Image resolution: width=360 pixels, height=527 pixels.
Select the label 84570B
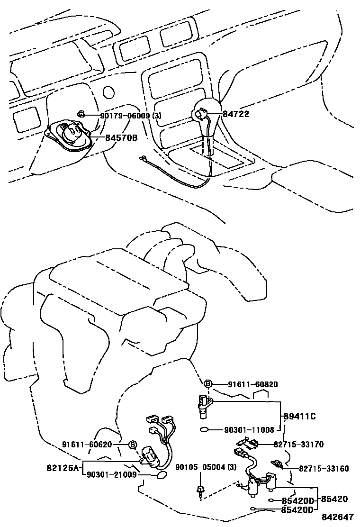[x=121, y=138]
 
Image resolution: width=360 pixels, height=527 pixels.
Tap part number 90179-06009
[x=125, y=115]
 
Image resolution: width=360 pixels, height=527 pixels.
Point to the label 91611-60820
[x=252, y=384]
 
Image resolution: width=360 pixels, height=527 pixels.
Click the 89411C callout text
[x=299, y=417]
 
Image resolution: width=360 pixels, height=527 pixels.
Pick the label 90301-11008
[x=249, y=430]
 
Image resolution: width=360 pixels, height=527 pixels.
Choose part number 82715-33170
[x=298, y=445]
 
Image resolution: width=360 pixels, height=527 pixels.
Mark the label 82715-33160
[x=324, y=468]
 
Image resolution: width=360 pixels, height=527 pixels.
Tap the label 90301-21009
[x=111, y=473]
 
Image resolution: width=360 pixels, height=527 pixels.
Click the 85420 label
[x=334, y=499]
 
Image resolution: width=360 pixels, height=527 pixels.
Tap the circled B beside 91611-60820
[x=208, y=384]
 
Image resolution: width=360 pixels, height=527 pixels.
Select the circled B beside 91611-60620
[x=133, y=445]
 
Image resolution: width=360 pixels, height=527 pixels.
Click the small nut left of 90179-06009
[x=81, y=114]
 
